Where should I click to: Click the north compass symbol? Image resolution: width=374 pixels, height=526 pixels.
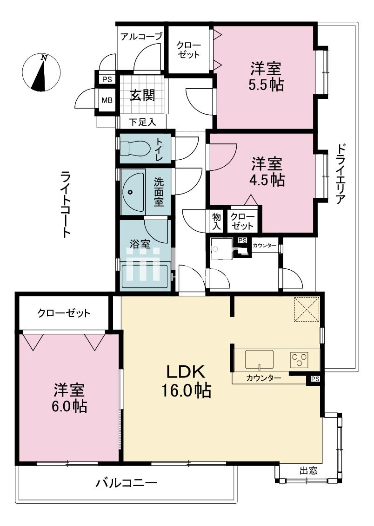(x=42, y=72)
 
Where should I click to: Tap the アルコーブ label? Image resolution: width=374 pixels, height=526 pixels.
(x=141, y=37)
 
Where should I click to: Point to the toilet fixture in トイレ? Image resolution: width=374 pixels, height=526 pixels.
(x=135, y=149)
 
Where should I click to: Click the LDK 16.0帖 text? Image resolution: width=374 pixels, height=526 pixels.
(x=186, y=381)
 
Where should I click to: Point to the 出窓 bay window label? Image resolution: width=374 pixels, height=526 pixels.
(x=308, y=470)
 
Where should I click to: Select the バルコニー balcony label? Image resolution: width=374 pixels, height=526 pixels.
(x=127, y=483)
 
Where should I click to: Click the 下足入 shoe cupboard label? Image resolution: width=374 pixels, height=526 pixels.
(x=141, y=122)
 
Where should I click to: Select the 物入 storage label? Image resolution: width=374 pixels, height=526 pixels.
(x=216, y=221)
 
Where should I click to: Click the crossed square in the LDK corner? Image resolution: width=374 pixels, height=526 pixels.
(x=306, y=309)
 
